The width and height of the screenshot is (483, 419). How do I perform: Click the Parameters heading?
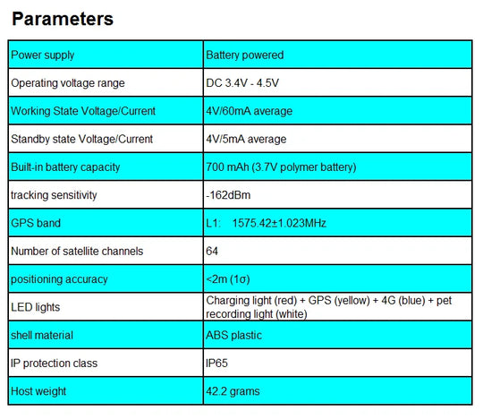(63, 19)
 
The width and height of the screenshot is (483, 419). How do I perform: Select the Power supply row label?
(43, 56)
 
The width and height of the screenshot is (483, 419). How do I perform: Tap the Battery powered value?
(244, 56)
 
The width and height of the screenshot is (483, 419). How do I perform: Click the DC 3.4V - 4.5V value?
(242, 83)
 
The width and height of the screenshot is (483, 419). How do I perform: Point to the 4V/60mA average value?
(250, 111)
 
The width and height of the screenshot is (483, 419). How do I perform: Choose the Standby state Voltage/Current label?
(81, 139)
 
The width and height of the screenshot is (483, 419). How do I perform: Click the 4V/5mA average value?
(246, 139)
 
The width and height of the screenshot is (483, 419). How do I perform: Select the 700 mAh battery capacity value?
(281, 167)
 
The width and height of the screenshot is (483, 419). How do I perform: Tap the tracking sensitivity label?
(54, 195)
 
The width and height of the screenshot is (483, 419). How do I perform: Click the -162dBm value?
(228, 195)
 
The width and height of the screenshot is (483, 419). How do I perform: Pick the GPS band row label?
(36, 223)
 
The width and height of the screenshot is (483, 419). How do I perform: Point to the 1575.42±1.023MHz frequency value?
(279, 223)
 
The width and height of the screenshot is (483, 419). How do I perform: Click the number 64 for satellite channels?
(212, 251)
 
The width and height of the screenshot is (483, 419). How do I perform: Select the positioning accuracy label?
(59, 279)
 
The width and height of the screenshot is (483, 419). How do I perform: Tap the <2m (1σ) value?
(228, 279)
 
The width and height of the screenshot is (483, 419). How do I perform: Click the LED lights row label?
(36, 307)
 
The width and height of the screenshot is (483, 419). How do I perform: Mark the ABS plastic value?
(234, 335)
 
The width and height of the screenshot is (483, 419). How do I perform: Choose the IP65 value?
(216, 363)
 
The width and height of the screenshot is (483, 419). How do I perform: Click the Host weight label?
(38, 391)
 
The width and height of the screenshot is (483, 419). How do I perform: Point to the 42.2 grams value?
(233, 391)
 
